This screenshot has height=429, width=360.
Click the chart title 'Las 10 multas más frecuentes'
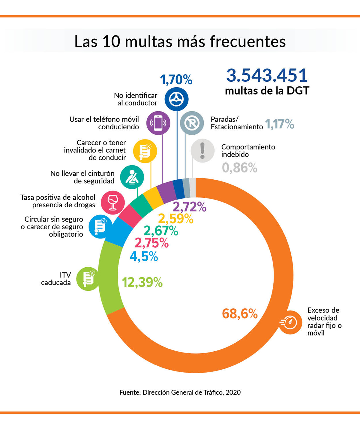[x=180, y=41]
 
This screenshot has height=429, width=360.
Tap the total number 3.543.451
[x=267, y=75]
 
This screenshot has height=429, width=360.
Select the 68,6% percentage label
[x=240, y=314]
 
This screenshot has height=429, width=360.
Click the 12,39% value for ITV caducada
[x=142, y=282]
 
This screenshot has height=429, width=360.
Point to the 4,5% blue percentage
[x=144, y=256]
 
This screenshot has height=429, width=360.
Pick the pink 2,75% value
[x=151, y=243]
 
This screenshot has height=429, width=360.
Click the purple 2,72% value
[x=189, y=207]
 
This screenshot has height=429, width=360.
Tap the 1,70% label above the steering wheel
[x=176, y=80]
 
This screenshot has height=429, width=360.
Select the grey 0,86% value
[x=239, y=168]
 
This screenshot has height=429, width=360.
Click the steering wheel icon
[x=176, y=99]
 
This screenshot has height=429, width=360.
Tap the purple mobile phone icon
[x=158, y=123]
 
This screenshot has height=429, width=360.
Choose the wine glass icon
[x=113, y=202]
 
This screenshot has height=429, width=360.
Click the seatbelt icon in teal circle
[x=132, y=177]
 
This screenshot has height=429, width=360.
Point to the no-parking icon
[x=192, y=123]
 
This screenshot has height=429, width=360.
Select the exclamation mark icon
[x=202, y=151]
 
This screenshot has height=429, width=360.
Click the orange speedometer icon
[x=290, y=322]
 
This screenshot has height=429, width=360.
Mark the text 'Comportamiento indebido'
[x=248, y=151]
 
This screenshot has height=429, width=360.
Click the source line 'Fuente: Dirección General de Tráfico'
[x=180, y=392]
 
